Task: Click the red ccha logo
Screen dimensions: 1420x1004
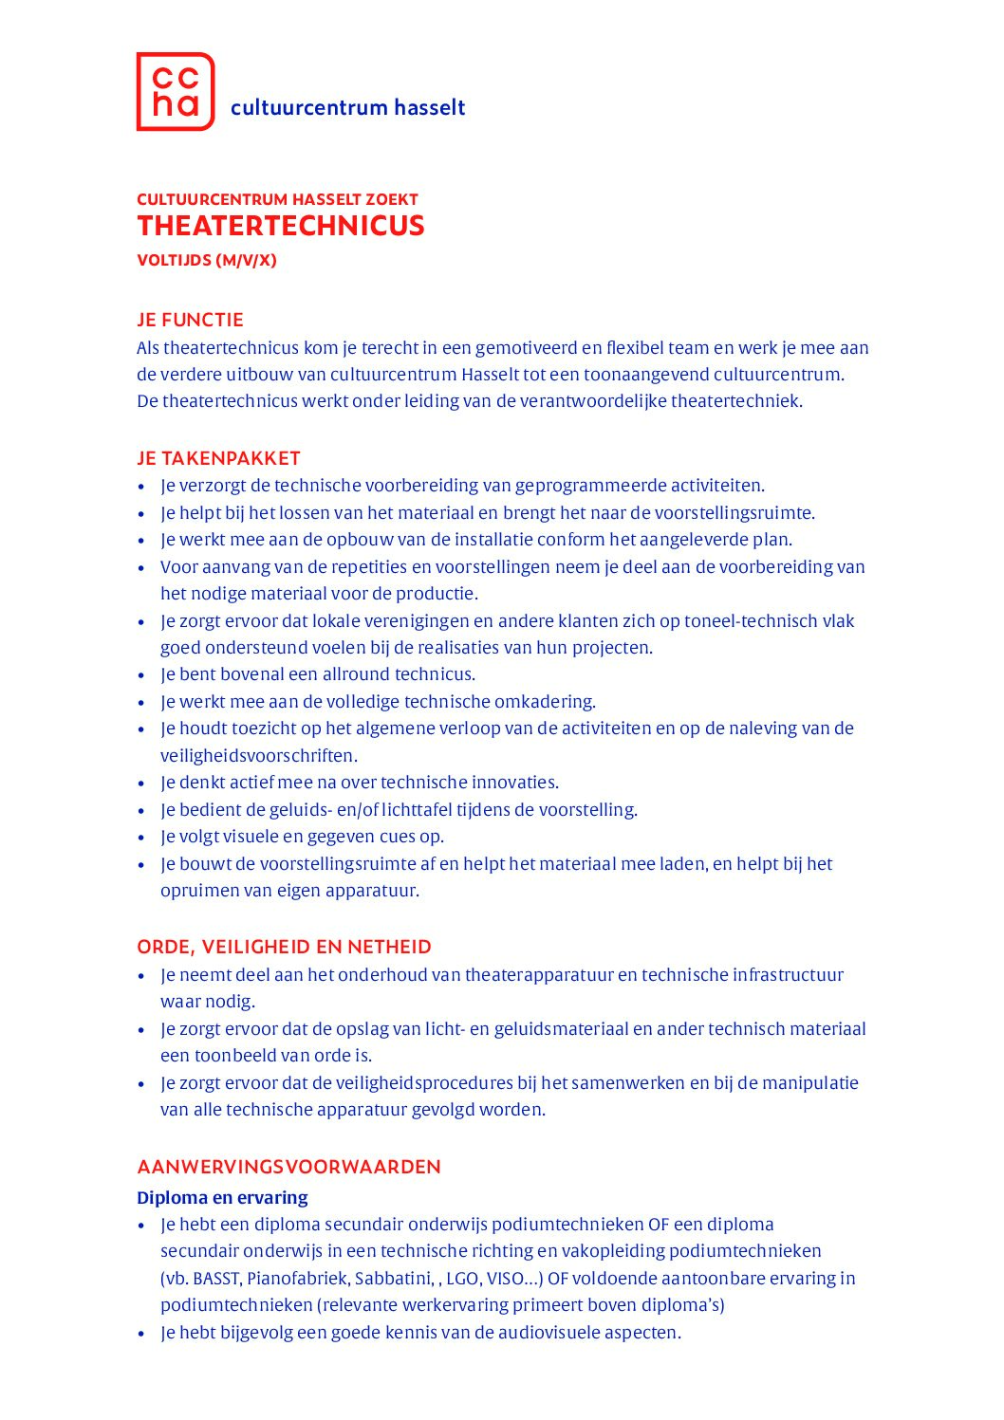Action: point(176,91)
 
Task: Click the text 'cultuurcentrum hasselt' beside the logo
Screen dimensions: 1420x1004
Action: point(347,107)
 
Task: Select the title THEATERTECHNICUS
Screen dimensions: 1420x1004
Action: point(281,226)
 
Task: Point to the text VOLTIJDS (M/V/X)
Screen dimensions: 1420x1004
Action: point(207,260)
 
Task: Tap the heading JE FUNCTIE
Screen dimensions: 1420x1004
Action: point(190,320)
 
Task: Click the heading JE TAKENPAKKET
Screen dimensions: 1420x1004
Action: point(218,458)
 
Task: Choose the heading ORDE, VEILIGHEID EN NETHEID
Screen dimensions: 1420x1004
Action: point(284,947)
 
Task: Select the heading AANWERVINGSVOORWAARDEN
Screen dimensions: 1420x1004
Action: point(288,1167)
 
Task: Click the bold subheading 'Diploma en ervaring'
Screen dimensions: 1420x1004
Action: point(222,1197)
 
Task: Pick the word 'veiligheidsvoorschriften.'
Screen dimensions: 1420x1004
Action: point(258,756)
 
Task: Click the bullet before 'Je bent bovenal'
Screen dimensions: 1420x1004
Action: point(142,675)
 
